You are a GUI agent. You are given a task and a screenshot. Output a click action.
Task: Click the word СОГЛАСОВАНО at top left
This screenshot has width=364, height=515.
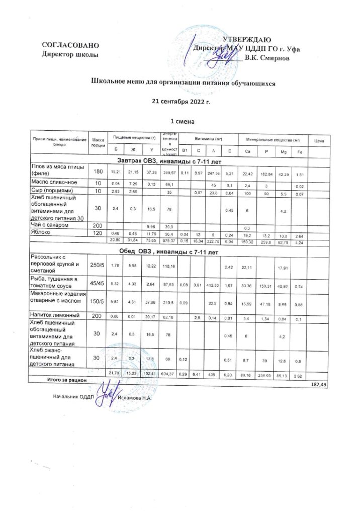point(67,46)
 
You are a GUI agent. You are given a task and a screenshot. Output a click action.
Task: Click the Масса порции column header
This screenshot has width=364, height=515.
point(99,142)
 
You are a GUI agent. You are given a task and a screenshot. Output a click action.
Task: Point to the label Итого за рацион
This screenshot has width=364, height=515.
point(67,380)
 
